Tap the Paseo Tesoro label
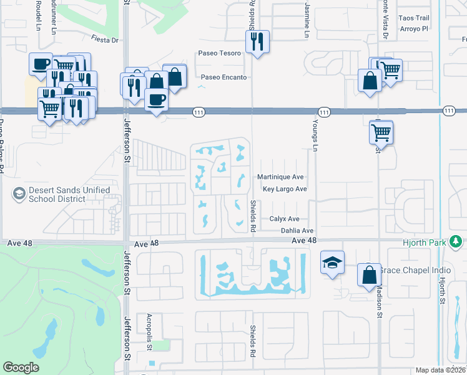pyautogui.click(x=219, y=53)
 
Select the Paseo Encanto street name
pyautogui.click(x=223, y=77)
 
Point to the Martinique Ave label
pyautogui.click(x=280, y=177)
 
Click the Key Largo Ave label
pyautogui.click(x=285, y=189)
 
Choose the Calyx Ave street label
pyautogui.click(x=285, y=219)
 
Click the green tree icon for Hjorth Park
pyautogui.click(x=456, y=241)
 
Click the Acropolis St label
pyautogui.click(x=149, y=328)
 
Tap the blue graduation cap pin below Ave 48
pyautogui.click(x=332, y=262)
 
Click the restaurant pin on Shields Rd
pyautogui.click(x=257, y=41)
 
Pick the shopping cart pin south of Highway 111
pyautogui.click(x=381, y=132)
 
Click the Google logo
pyautogui.click(x=21, y=367)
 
